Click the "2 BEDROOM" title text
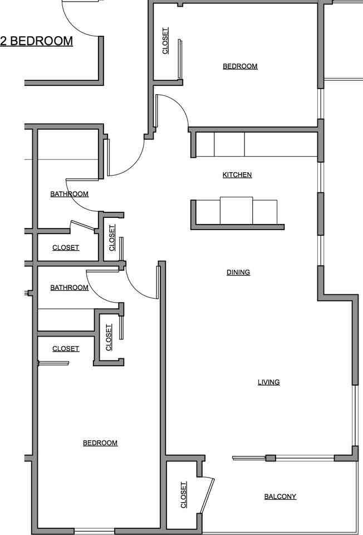37,41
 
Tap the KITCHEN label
237,175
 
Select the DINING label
238,273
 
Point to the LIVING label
268,382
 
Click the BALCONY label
280,497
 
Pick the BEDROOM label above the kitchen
240,66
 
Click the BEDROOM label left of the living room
100,443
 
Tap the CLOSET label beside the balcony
184,495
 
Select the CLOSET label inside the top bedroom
165,41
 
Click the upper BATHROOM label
70,194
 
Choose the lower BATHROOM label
70,288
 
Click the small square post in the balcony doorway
271,458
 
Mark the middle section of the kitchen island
237,210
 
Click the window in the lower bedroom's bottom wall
94,530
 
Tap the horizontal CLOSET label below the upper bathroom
66,247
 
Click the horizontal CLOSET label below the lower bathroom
66,349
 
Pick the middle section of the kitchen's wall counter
229,144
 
